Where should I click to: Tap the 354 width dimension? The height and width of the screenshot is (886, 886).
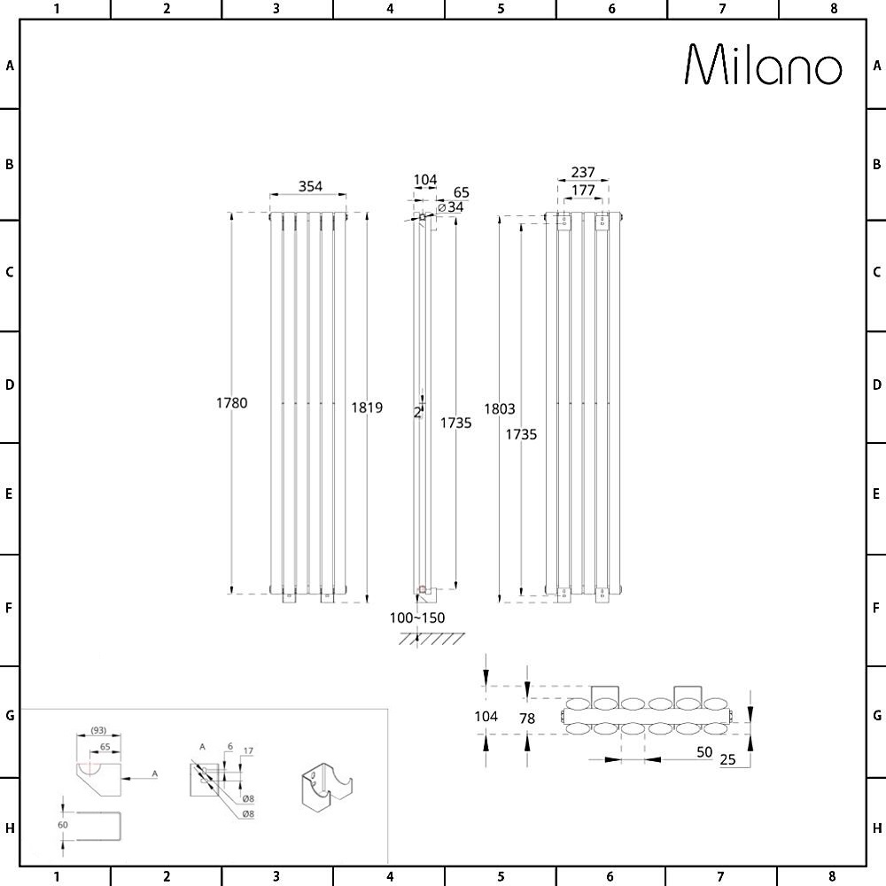[x=310, y=186]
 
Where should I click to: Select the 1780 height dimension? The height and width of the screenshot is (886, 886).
[x=231, y=402]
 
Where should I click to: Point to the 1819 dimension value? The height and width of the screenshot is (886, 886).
[x=367, y=407]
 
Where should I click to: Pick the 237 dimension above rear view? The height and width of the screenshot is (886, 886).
[x=583, y=172]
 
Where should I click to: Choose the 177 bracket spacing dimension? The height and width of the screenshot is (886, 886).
[x=583, y=190]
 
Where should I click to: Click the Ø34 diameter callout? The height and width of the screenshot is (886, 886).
[x=450, y=207]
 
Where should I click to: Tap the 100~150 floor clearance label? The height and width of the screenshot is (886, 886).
[x=417, y=618]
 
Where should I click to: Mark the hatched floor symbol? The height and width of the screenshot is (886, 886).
[x=431, y=639]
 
